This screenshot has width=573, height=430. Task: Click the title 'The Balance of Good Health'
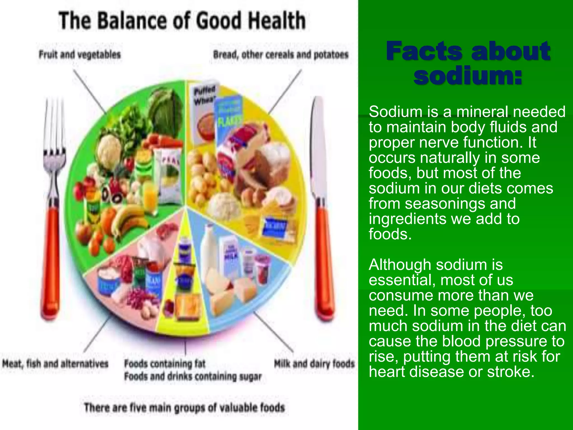point(182,20)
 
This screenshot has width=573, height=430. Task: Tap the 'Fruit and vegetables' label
point(80,54)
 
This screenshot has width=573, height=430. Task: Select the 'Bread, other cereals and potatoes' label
point(281,55)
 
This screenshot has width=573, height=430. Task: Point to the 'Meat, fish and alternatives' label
point(55,364)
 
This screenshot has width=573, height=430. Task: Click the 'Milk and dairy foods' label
point(314,364)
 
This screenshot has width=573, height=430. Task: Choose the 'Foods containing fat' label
point(165,364)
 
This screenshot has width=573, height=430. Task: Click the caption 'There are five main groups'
point(184,407)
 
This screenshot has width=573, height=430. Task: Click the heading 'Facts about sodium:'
point(468,63)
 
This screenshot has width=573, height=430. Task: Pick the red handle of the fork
point(51,258)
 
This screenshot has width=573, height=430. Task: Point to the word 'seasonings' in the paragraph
point(442,204)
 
